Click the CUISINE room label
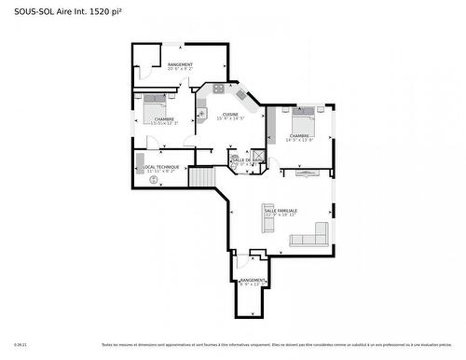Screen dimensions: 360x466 230,114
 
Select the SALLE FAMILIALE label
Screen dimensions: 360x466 281,211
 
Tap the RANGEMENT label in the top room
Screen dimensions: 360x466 180,64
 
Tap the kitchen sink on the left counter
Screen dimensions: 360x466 200,114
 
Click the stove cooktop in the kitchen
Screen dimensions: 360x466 218,89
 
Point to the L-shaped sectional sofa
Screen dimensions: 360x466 311,235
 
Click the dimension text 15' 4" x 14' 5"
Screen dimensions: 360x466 230,119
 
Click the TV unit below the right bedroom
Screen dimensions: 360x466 307,172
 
